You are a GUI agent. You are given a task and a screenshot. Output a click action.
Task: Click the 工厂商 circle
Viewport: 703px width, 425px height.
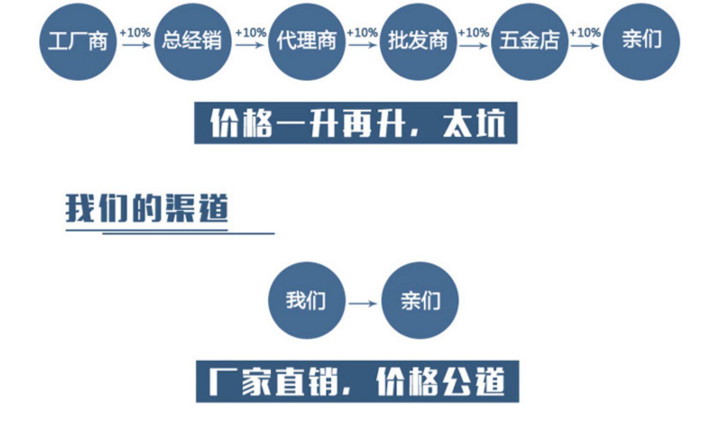click(78, 42)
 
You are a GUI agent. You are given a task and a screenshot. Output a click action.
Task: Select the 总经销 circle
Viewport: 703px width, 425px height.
click(193, 42)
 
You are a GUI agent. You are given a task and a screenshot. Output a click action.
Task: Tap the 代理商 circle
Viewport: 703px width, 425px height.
click(307, 42)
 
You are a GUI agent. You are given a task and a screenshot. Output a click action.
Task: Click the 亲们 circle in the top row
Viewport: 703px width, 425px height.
click(641, 42)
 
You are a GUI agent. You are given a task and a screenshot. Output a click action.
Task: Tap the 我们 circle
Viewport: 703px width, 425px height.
click(307, 300)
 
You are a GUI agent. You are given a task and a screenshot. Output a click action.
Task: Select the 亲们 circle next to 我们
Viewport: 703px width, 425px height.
click(420, 300)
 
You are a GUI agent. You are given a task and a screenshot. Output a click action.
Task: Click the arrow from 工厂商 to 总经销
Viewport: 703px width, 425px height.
click(136, 45)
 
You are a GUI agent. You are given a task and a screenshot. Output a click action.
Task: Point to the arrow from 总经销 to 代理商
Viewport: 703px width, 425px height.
click(250, 45)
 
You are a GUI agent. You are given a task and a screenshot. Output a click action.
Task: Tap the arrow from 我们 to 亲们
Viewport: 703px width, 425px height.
click(363, 304)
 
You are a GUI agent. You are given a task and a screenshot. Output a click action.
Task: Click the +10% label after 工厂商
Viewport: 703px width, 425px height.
click(135, 33)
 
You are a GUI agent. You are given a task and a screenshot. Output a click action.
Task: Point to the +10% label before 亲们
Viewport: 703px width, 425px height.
click(585, 33)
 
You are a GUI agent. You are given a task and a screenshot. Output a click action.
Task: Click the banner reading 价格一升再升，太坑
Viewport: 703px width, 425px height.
click(356, 123)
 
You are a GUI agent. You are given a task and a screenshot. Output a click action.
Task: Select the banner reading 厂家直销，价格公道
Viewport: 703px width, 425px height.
click(357, 381)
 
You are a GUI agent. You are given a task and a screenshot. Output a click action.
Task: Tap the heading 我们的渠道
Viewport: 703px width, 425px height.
click(147, 208)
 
